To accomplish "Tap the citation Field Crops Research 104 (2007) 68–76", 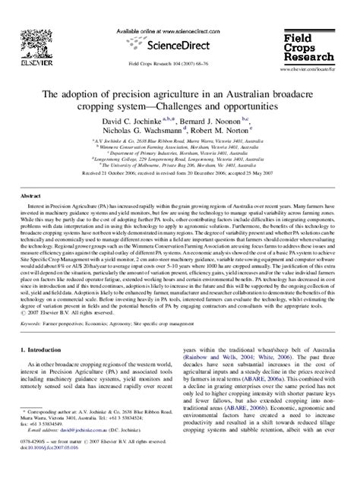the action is (x=179, y=64).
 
